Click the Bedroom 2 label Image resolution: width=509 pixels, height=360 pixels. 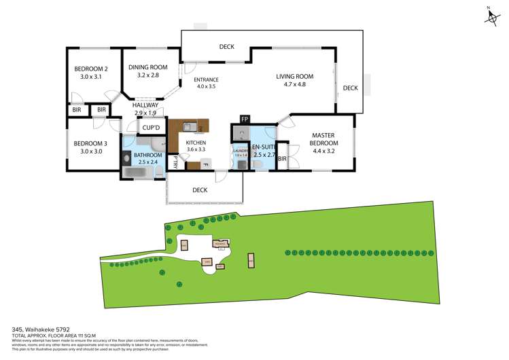[91, 69]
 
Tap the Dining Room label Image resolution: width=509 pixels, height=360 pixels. [147, 67]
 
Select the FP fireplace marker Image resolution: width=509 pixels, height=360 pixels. [245, 120]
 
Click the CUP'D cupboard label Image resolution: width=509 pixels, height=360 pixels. [151, 128]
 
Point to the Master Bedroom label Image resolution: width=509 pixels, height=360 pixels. [324, 139]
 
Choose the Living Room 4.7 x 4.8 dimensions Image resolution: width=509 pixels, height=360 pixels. [294, 84]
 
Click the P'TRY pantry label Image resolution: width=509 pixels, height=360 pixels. [175, 162]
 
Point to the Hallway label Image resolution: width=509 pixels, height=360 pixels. [145, 105]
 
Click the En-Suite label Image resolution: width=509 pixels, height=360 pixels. [262, 147]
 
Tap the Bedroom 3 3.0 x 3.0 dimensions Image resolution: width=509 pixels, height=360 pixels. [91, 151]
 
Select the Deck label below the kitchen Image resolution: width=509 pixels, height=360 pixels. [200, 190]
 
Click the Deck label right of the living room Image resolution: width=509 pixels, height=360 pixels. [350, 88]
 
